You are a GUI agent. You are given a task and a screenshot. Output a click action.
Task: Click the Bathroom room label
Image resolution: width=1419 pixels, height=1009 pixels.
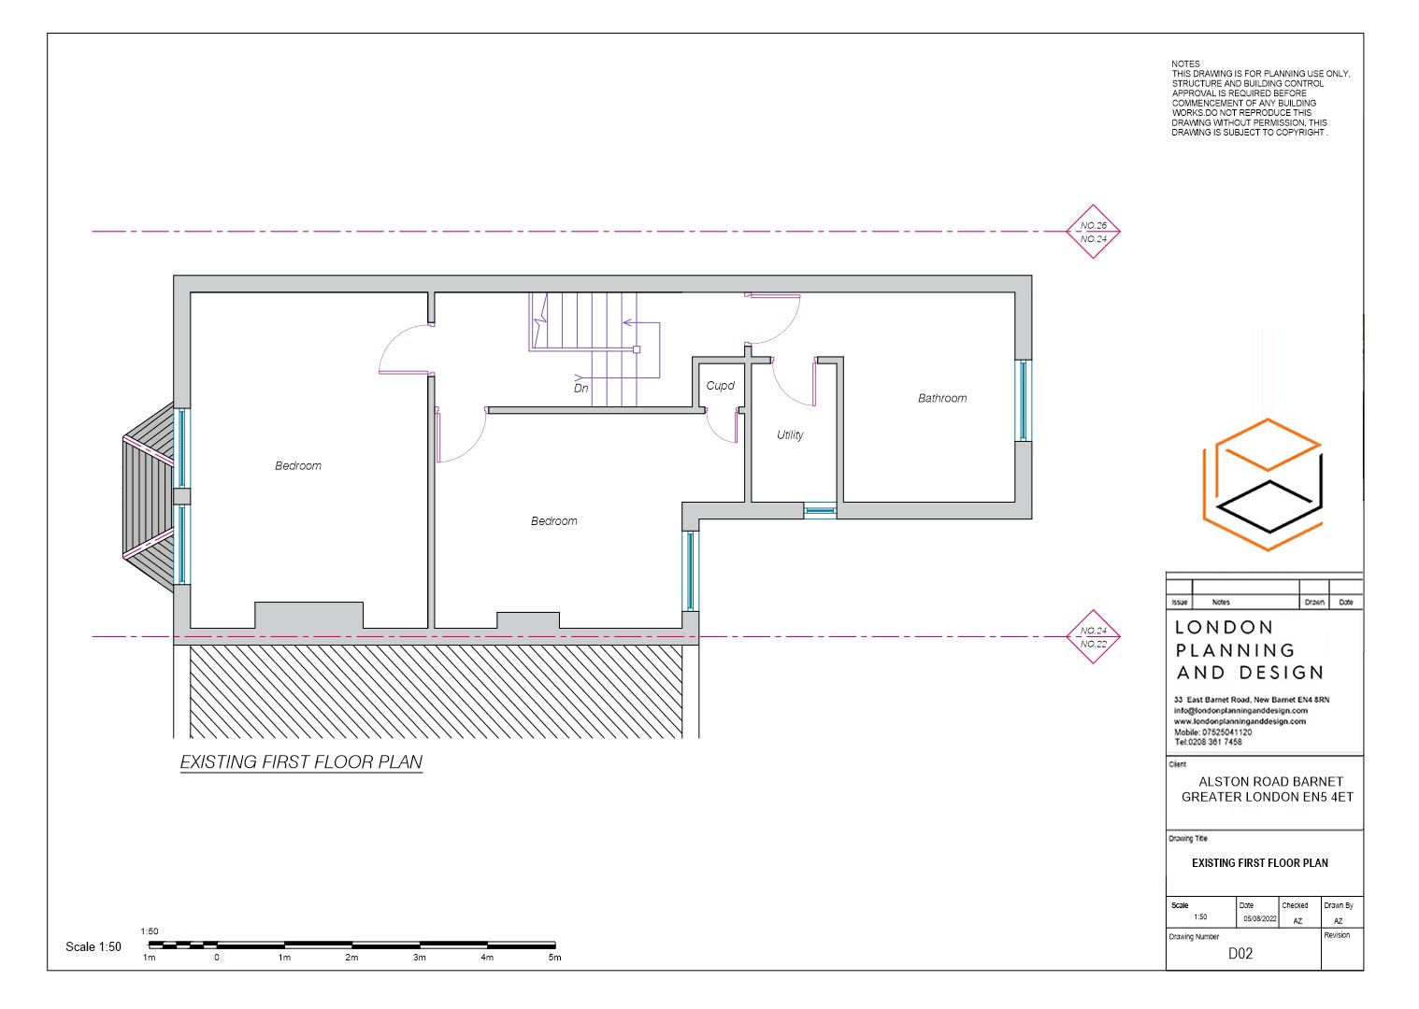click(941, 398)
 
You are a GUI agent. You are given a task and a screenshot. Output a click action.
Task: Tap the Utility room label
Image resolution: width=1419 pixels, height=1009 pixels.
click(790, 434)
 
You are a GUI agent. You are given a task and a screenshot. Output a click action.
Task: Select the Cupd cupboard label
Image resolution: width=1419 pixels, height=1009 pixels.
click(720, 386)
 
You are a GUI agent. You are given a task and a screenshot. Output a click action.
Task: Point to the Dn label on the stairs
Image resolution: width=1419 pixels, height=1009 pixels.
click(580, 388)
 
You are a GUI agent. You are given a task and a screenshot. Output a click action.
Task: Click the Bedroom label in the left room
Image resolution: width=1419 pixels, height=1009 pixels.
click(298, 465)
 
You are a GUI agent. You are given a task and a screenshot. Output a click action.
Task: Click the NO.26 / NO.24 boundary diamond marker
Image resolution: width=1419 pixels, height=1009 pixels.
click(1093, 232)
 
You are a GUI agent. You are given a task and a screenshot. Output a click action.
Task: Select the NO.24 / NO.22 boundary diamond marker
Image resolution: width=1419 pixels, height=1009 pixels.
click(1093, 637)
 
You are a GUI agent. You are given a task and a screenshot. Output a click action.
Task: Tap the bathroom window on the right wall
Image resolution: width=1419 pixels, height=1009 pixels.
click(1023, 400)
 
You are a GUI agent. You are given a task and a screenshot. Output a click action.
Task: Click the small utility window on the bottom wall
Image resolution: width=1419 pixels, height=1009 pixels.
click(820, 511)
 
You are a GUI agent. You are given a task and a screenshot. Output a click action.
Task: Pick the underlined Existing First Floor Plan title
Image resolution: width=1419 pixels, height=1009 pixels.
click(301, 762)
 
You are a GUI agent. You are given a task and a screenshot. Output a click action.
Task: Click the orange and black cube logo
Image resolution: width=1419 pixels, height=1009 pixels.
click(1264, 484)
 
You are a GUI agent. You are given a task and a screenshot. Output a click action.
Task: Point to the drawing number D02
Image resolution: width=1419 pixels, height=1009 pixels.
click(1240, 954)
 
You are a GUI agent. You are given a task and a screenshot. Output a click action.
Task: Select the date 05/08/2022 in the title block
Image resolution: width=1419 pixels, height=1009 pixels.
click(1258, 919)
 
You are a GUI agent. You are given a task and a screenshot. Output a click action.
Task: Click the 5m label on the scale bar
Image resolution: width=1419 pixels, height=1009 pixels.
click(554, 958)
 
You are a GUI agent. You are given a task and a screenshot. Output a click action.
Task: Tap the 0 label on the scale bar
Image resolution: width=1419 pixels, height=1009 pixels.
click(217, 958)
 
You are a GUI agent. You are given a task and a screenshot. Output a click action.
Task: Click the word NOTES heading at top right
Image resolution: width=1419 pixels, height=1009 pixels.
click(1185, 64)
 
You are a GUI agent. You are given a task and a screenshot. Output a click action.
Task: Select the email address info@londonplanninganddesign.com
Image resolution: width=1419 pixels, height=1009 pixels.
click(1240, 711)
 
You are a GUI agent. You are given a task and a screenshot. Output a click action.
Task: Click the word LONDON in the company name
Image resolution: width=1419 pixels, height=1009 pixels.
click(1224, 628)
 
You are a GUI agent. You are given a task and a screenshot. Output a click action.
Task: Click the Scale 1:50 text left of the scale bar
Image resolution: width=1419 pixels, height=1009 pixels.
click(93, 946)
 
